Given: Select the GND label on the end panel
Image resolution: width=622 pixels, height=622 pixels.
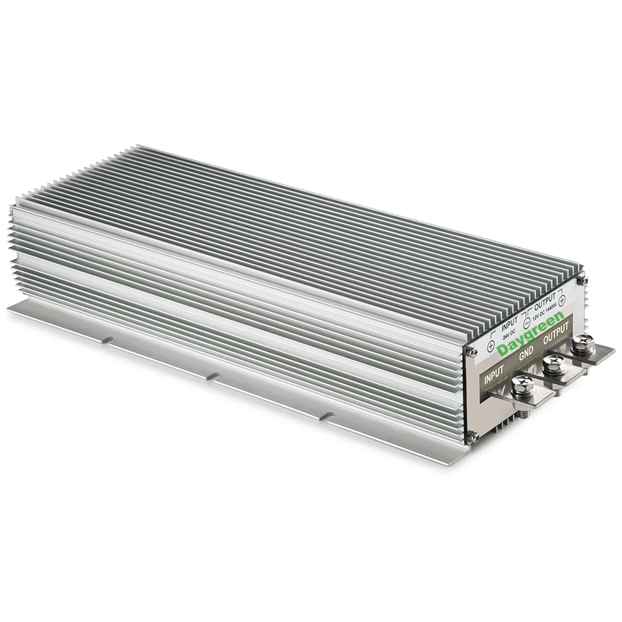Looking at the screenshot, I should (526, 354).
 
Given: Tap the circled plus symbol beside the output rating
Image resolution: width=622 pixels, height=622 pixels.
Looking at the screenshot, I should (562, 301).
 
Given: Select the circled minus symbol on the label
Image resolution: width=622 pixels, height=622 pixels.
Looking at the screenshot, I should (527, 323).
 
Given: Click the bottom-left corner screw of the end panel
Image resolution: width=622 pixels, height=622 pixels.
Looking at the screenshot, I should (473, 436).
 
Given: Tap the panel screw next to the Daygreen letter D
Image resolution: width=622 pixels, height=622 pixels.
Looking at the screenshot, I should (472, 352).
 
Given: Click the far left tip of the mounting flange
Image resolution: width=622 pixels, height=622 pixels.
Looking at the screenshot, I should (9, 308).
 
